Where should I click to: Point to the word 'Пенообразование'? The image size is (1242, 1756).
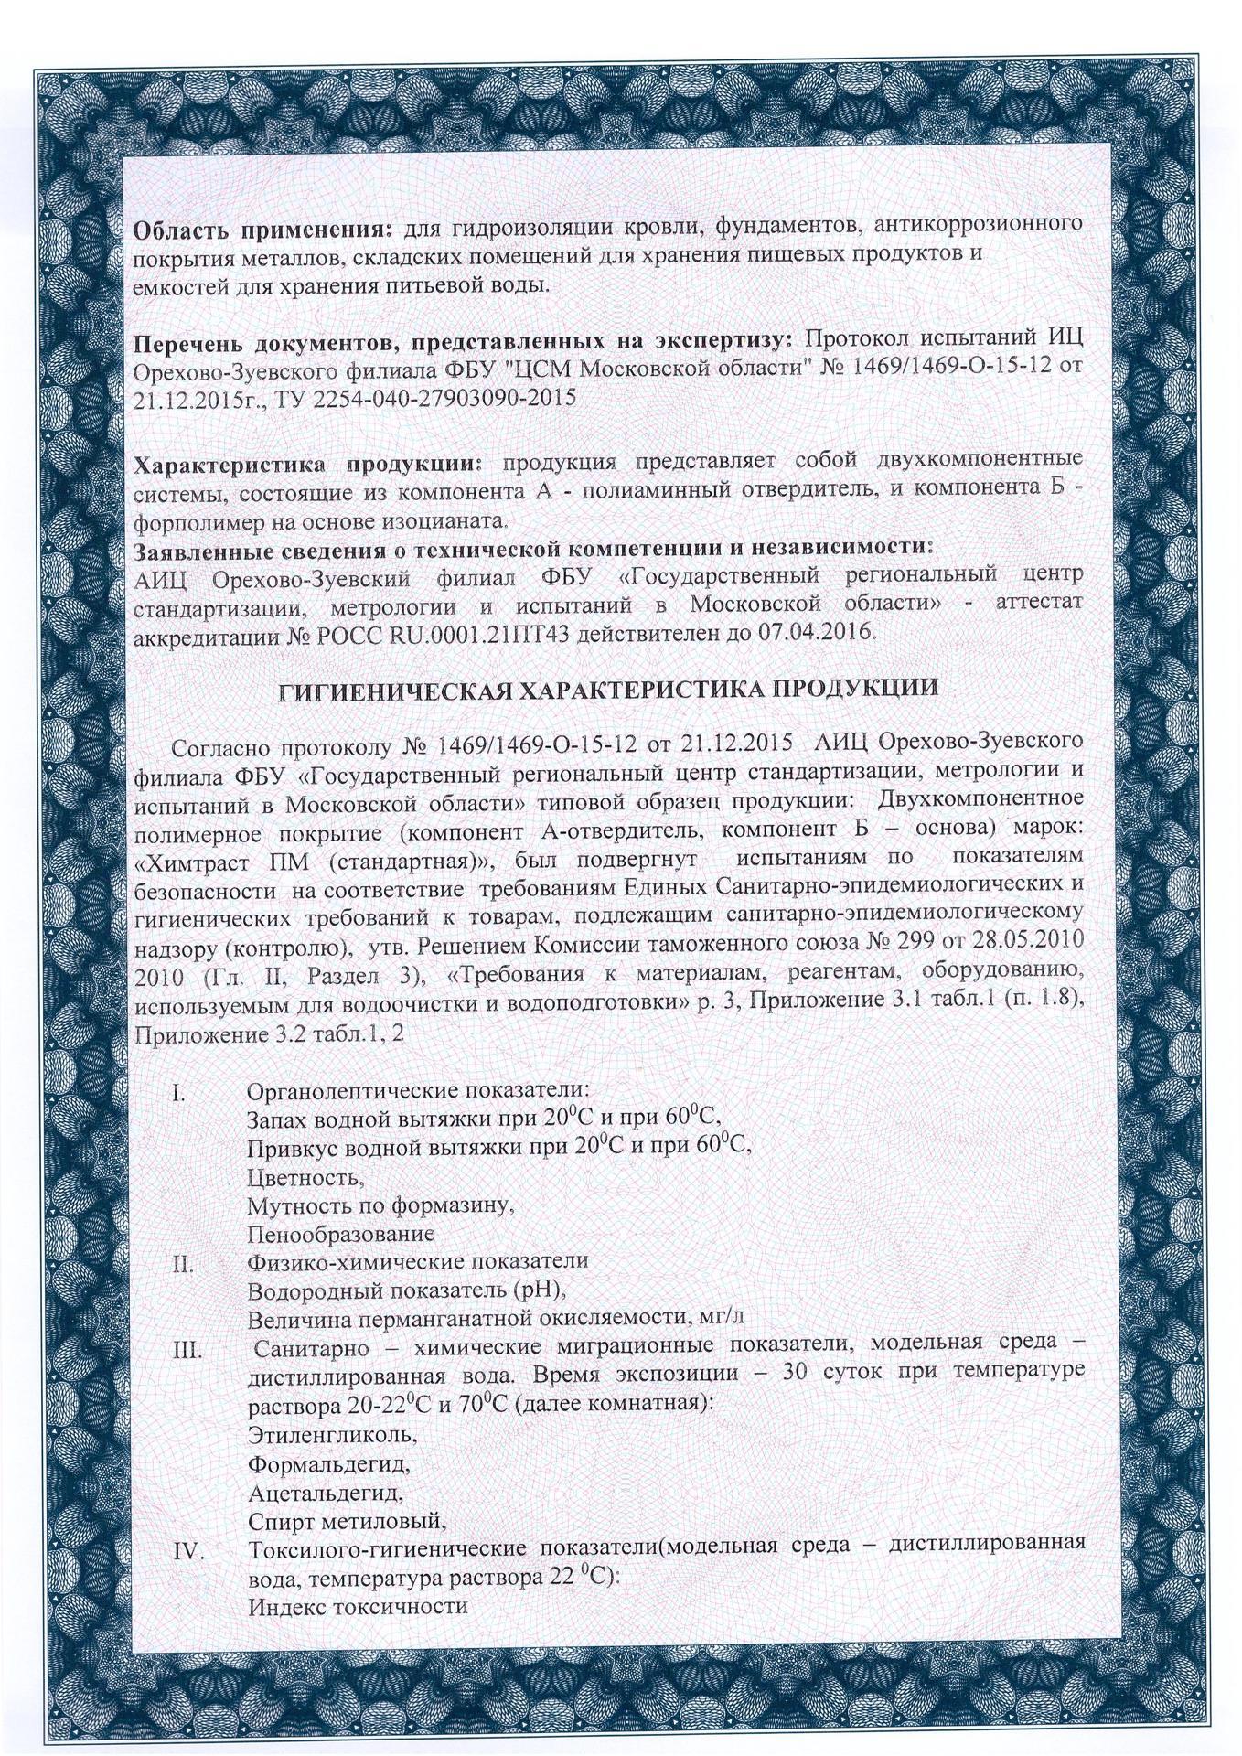pyautogui.click(x=340, y=1234)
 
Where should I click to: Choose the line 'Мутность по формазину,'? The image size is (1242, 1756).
pyautogui.click(x=379, y=1205)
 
